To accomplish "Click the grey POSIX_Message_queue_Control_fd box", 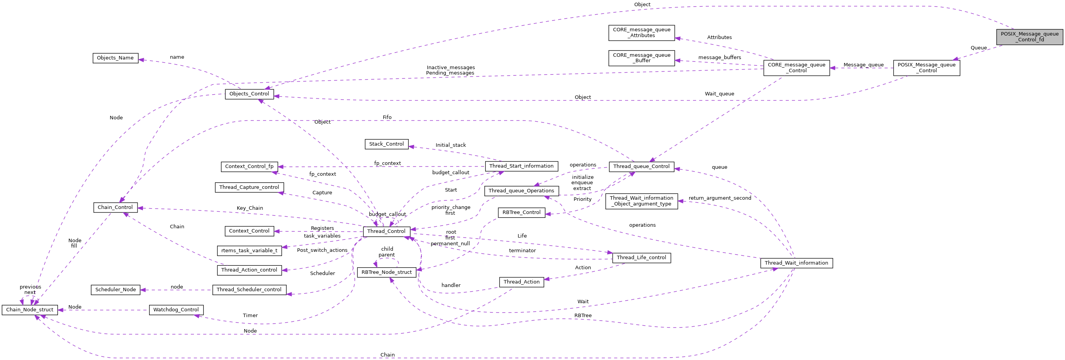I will coord(1029,37).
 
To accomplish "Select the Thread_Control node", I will coord(386,231).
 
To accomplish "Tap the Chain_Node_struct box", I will coord(30,309).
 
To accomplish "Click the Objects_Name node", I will coord(115,58).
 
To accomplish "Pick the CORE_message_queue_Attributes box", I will coord(641,33).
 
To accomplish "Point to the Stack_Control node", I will coord(386,144).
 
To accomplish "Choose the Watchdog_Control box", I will coord(176,309).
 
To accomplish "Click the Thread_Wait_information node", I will coord(796,263).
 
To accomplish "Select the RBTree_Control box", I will coord(521,212).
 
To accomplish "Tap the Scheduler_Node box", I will coord(116,290).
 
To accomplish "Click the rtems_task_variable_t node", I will coord(249,250).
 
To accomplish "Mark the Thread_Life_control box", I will coord(641,258).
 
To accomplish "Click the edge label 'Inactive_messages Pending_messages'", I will coord(450,70).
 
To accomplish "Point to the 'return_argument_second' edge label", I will coord(719,198).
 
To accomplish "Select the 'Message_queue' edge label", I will coord(863,65).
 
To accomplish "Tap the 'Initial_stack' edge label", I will coord(450,145).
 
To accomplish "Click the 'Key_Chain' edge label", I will coord(250,208).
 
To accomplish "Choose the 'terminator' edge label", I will coord(522,250).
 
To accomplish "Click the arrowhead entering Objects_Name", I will coord(141,60).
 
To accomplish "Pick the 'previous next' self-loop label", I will coord(30,289).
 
